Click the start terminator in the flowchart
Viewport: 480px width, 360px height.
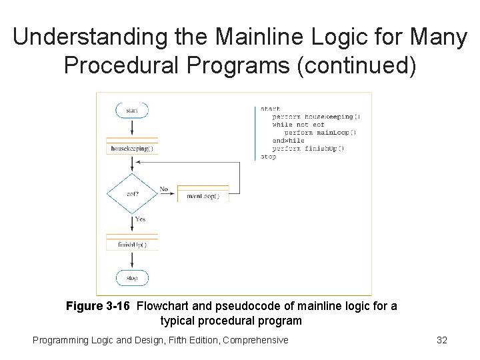(x=132, y=110)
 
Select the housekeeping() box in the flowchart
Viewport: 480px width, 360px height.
(x=132, y=149)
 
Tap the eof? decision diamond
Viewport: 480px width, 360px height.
(x=132, y=193)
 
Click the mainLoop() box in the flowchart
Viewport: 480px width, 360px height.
(x=203, y=196)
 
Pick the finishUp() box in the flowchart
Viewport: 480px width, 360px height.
(x=132, y=245)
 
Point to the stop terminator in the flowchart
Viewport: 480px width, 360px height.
(x=132, y=277)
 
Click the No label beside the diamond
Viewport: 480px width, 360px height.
(x=164, y=189)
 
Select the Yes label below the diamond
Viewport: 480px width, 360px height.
(x=141, y=219)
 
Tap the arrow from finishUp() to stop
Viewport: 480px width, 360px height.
(x=132, y=261)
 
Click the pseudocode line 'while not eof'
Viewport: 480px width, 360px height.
(x=298, y=125)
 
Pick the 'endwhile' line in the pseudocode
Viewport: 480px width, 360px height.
(x=288, y=141)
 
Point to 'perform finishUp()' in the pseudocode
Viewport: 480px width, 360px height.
(x=308, y=149)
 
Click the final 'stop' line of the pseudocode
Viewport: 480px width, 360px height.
(x=268, y=157)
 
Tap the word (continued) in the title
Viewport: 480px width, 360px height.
(x=352, y=65)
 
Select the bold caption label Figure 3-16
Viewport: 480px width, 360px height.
(x=99, y=307)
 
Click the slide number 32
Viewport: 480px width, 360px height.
(x=441, y=340)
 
